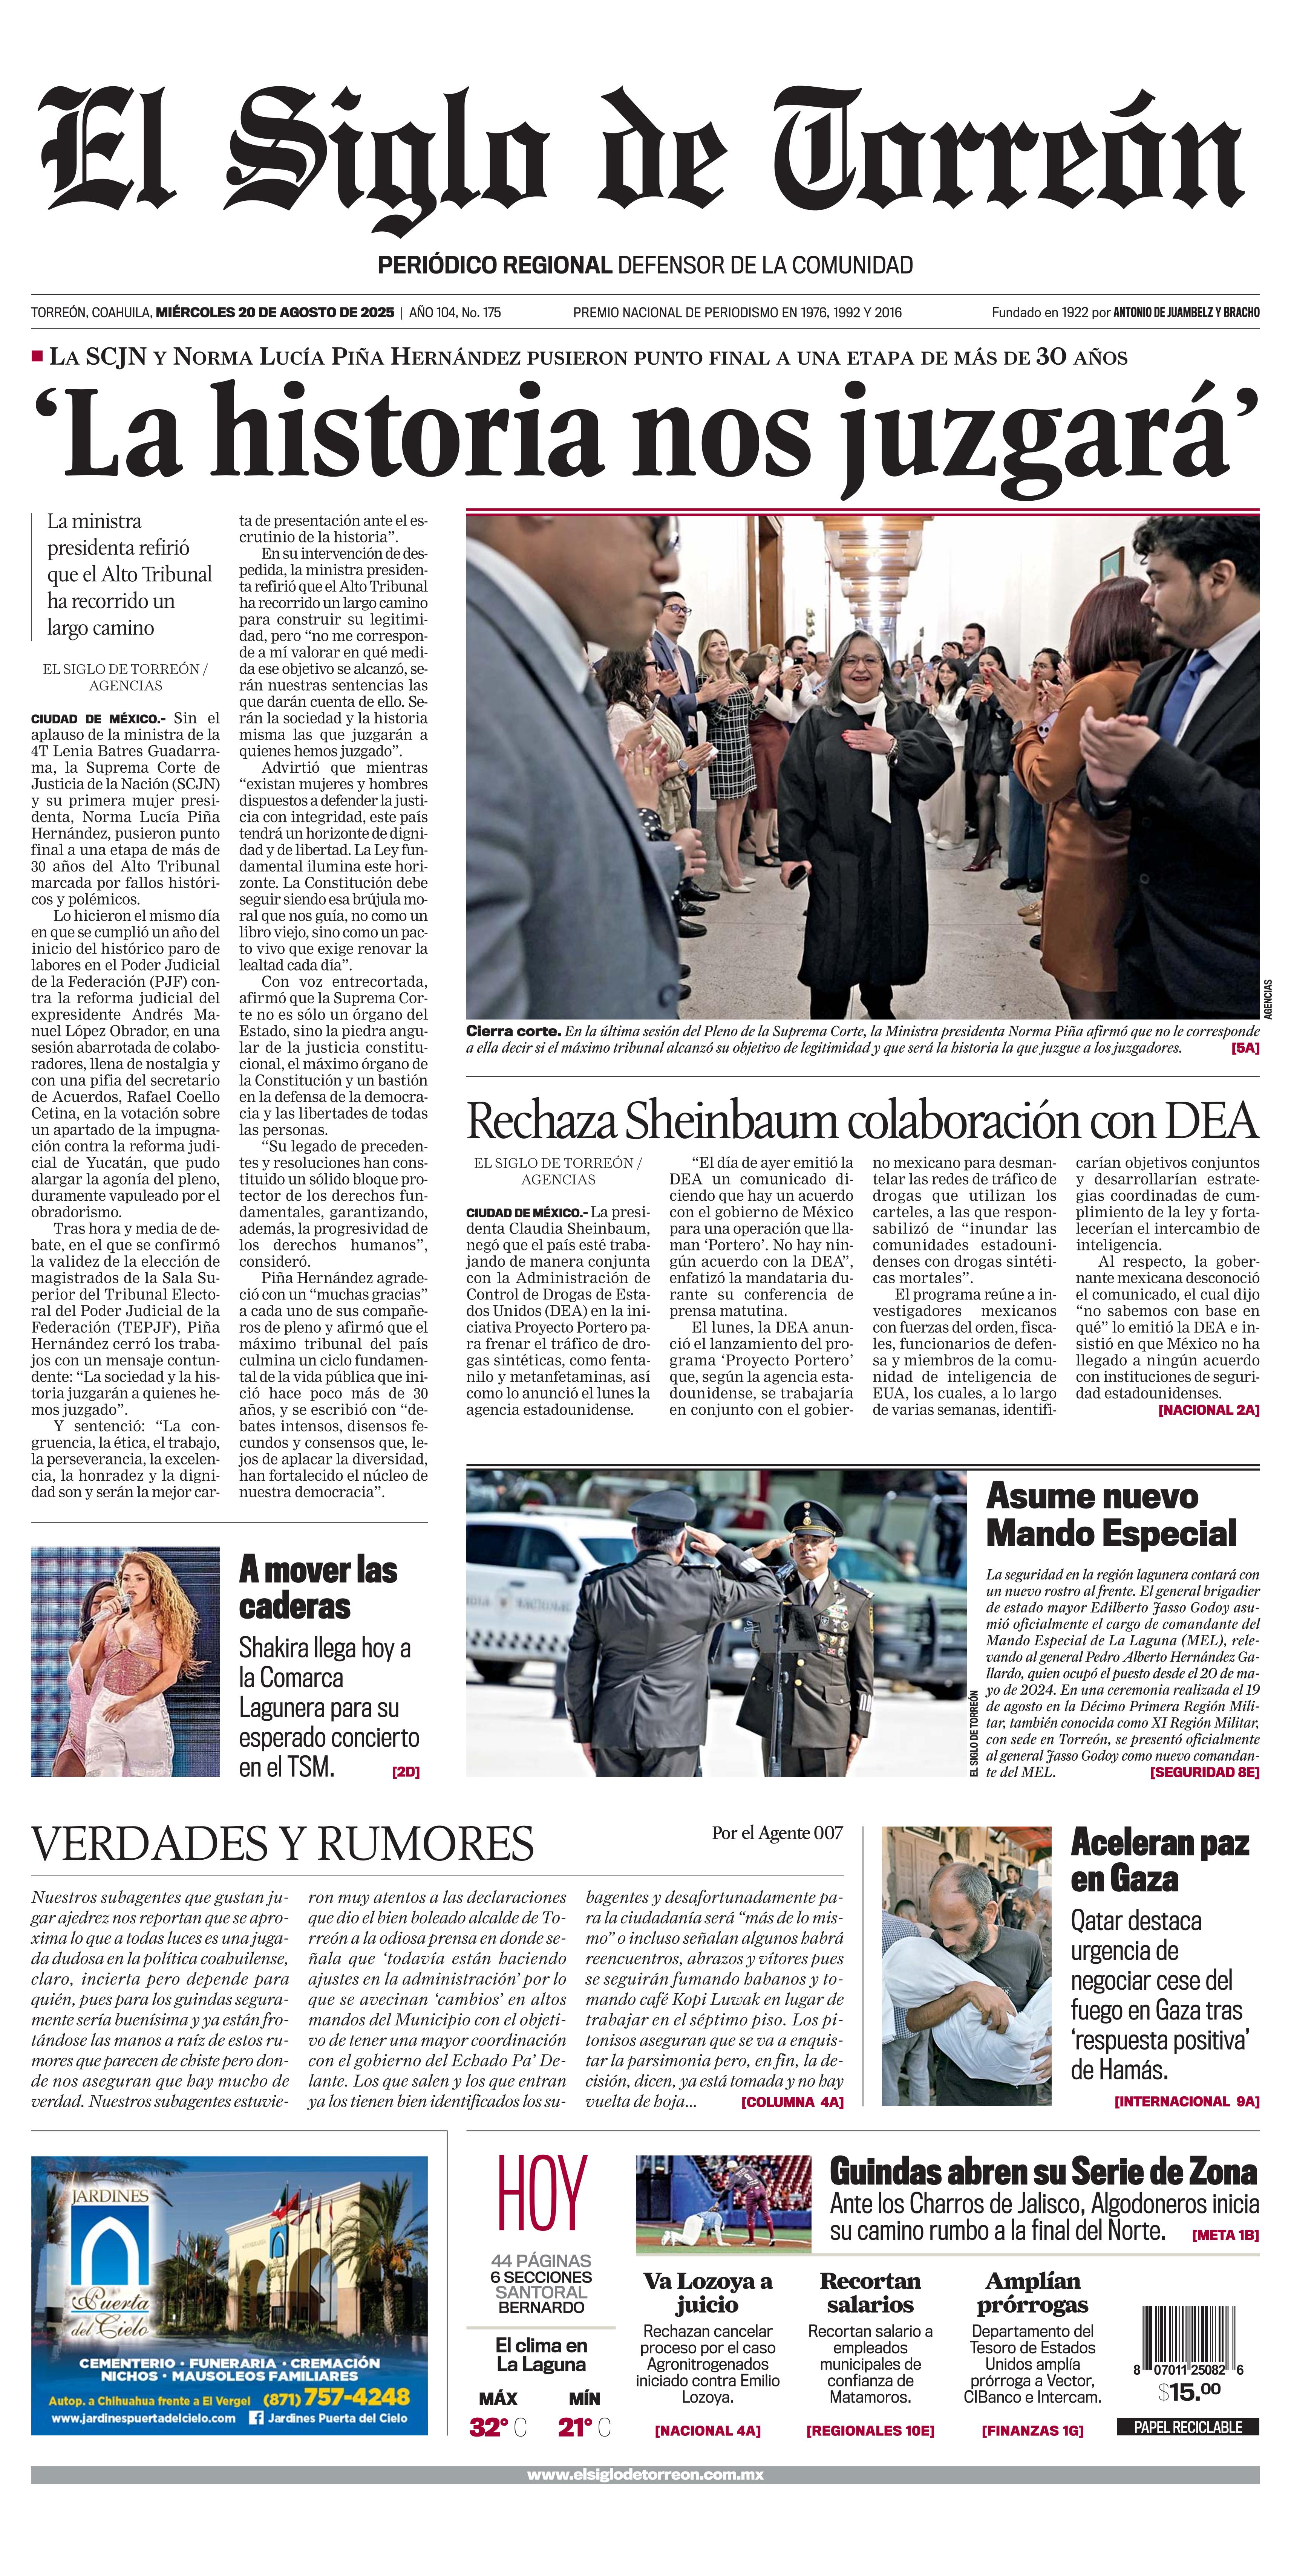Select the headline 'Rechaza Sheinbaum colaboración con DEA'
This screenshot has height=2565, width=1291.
pyautogui.click(x=862, y=1122)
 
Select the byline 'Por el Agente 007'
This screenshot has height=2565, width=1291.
pyautogui.click(x=777, y=1833)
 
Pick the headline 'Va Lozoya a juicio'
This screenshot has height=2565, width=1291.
pyautogui.click(x=707, y=2292)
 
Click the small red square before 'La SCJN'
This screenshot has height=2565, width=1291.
pyautogui.click(x=37, y=356)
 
